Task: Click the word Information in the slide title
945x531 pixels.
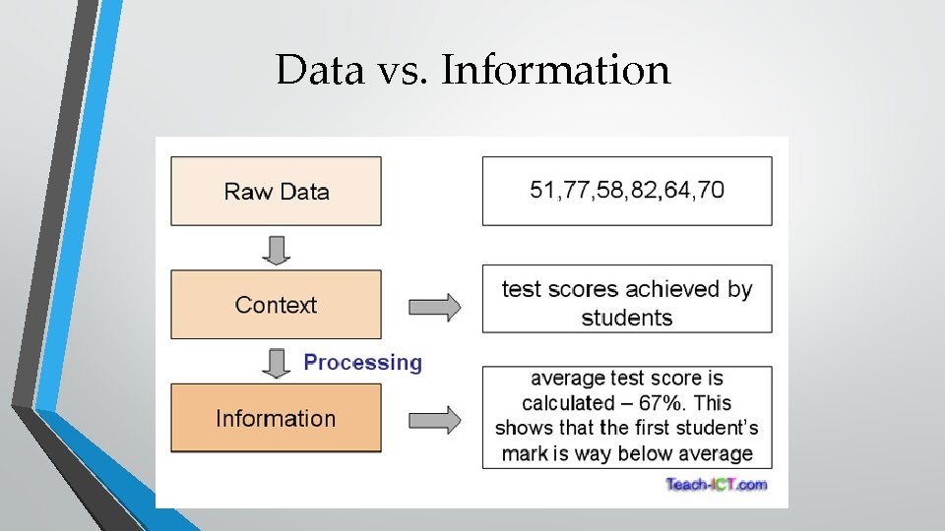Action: coord(556,70)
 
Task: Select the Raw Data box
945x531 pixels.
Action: coord(276,191)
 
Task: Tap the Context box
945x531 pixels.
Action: coord(276,305)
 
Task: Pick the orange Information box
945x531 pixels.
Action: coord(276,418)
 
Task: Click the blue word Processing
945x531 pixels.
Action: coord(362,362)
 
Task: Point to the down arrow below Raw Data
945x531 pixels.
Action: coord(277,249)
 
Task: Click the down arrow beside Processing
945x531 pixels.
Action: coord(277,362)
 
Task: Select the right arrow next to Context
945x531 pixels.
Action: coord(434,306)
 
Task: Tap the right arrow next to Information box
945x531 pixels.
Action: coord(434,419)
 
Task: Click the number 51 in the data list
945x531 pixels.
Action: coord(542,190)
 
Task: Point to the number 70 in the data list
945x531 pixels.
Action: coord(710,190)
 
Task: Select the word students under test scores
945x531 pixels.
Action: coord(627,318)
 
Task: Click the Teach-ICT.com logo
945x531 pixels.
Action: coord(716,484)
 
